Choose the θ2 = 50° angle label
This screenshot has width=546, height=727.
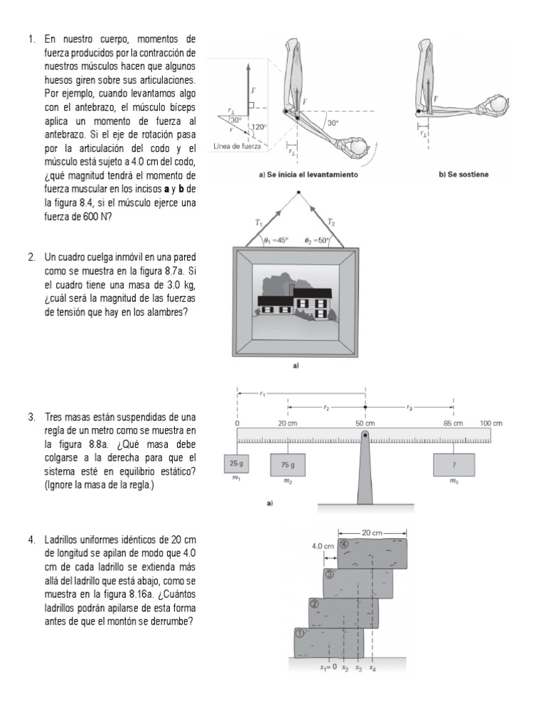[317, 240]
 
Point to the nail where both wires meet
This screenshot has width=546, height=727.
[298, 192]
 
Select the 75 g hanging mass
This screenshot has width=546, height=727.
[287, 465]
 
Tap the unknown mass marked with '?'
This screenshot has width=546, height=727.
[454, 465]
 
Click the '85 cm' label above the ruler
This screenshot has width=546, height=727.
[454, 424]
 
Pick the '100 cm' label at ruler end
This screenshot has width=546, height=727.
[491, 424]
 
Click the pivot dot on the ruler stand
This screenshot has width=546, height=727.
[365, 434]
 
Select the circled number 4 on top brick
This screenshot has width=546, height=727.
[344, 545]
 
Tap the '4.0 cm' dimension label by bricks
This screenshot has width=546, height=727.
[323, 547]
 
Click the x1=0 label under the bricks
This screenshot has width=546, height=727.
[328, 667]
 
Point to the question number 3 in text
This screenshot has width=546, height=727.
[32, 417]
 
